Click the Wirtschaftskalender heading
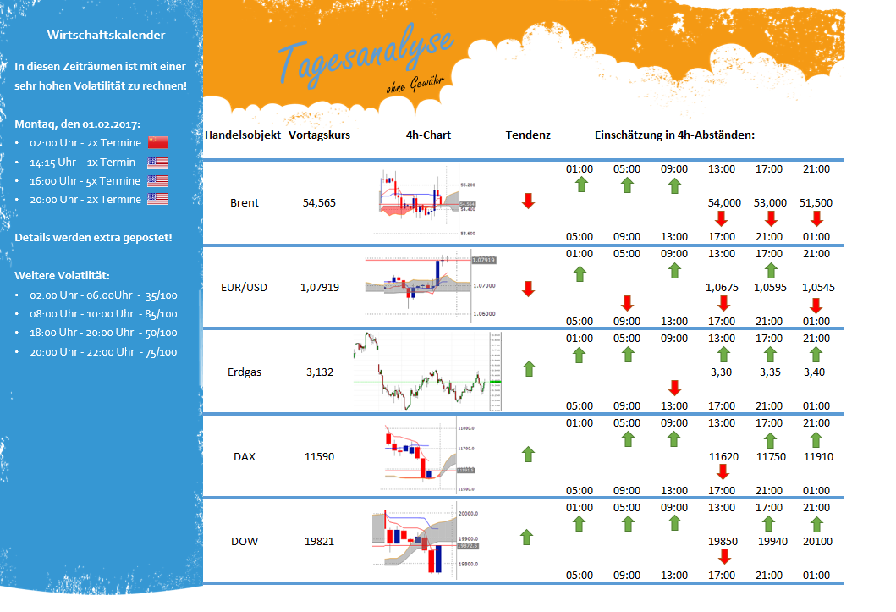[x=106, y=35]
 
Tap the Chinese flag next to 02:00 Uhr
[x=158, y=142]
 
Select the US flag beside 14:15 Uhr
[x=157, y=163]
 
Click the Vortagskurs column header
[x=319, y=135]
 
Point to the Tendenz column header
[x=528, y=135]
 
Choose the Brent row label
[x=245, y=203]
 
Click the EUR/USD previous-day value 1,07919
[x=319, y=288]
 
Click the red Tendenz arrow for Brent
[x=528, y=201]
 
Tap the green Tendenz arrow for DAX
[x=528, y=455]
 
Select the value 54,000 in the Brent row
[x=724, y=203]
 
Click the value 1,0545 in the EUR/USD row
[x=817, y=288]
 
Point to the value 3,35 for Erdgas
[x=770, y=372]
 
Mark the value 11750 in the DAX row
[x=770, y=457]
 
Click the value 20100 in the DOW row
[x=817, y=542]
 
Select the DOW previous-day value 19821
[x=319, y=542]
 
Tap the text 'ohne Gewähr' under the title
[x=413, y=84]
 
